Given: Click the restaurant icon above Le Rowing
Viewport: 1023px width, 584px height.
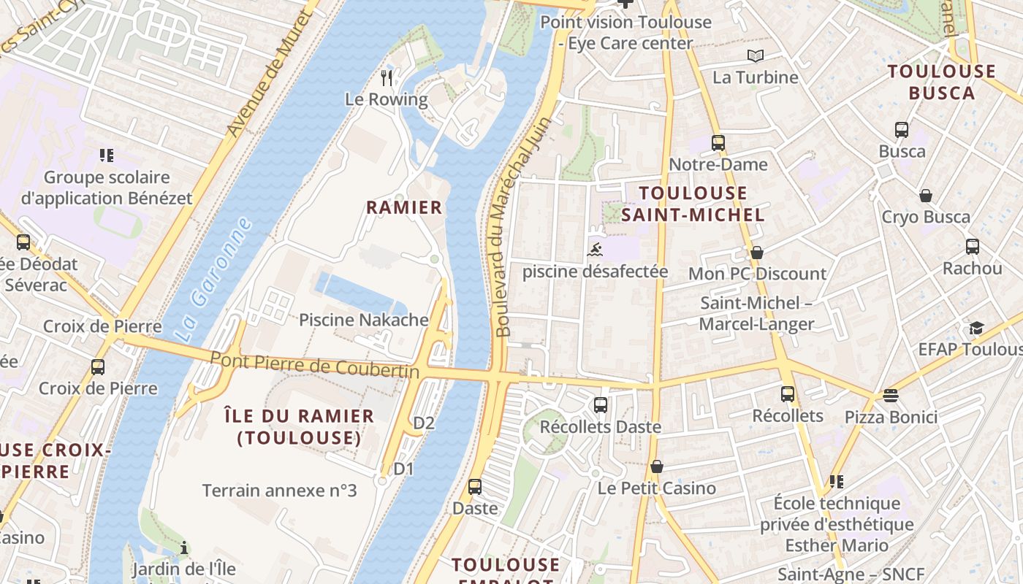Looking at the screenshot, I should [387, 77].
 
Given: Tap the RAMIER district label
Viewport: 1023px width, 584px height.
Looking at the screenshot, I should [404, 207].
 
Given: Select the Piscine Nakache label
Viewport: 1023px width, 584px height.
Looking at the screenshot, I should [364, 320].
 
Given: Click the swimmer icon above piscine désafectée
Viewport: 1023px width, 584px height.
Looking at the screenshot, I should [595, 251].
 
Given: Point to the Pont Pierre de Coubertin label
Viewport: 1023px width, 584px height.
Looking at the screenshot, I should [315, 365].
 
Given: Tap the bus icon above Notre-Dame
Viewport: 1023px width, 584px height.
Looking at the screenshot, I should [718, 143].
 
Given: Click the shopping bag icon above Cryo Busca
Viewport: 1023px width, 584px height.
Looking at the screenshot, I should [926, 196].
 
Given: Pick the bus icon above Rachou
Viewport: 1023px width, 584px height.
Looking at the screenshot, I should [972, 247].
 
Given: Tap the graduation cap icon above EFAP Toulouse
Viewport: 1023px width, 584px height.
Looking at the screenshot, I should [977, 328].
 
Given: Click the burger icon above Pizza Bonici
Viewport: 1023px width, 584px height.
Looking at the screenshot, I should [890, 396].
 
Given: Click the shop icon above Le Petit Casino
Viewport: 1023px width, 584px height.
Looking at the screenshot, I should [657, 466].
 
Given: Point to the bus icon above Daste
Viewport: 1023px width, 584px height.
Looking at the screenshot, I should [475, 486].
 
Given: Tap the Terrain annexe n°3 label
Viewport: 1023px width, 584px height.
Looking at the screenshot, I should [279, 490].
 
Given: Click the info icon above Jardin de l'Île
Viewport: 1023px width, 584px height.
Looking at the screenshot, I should [184, 547].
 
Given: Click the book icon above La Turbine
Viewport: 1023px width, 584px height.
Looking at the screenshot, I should [755, 56].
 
